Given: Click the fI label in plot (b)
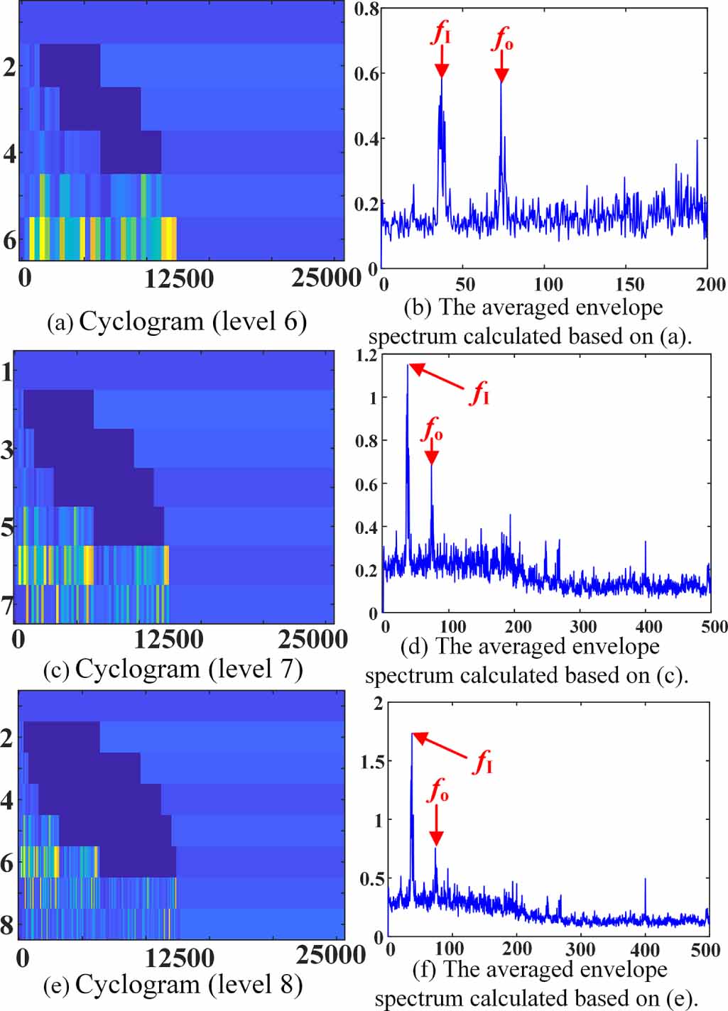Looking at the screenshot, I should (x=442, y=32).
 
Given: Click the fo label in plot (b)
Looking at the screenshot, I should (x=502, y=38).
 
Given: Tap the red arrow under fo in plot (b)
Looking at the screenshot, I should (x=501, y=67).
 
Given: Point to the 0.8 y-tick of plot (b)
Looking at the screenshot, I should (x=366, y=9).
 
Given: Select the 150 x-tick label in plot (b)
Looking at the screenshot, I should (x=629, y=285).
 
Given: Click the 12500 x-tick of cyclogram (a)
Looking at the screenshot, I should (x=178, y=278).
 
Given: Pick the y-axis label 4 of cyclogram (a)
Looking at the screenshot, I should (x=9, y=153).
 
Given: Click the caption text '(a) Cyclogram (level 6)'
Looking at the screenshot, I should (x=177, y=322).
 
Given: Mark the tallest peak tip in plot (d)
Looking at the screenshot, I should (x=408, y=366).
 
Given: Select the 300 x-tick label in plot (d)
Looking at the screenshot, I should (x=583, y=627).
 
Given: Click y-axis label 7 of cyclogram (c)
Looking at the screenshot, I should (x=7, y=606).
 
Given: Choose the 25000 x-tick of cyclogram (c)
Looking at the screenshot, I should (x=313, y=640).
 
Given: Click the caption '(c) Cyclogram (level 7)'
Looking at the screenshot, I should (x=173, y=670).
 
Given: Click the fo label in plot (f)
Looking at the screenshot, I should (x=438, y=790).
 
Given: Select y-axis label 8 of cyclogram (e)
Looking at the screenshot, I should (x=7, y=925).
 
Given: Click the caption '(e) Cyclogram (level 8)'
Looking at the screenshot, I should (x=173, y=985).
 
